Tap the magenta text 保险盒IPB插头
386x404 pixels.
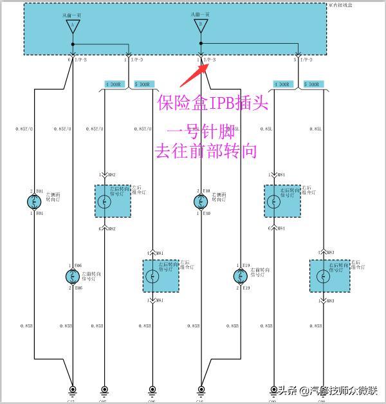[x=213, y=103]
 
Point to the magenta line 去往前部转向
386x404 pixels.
[x=206, y=152]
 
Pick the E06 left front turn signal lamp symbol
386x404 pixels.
[x=72, y=277]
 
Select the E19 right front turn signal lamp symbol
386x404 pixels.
[x=239, y=277]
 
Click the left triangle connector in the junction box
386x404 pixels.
[x=73, y=27]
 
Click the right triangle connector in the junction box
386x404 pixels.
[x=201, y=27]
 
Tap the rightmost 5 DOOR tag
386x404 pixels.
[x=314, y=84]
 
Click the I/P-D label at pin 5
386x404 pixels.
[x=304, y=60]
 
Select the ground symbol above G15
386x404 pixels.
[x=73, y=389]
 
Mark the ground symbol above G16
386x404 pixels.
[x=201, y=389]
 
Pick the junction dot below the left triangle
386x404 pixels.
[x=73, y=44]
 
